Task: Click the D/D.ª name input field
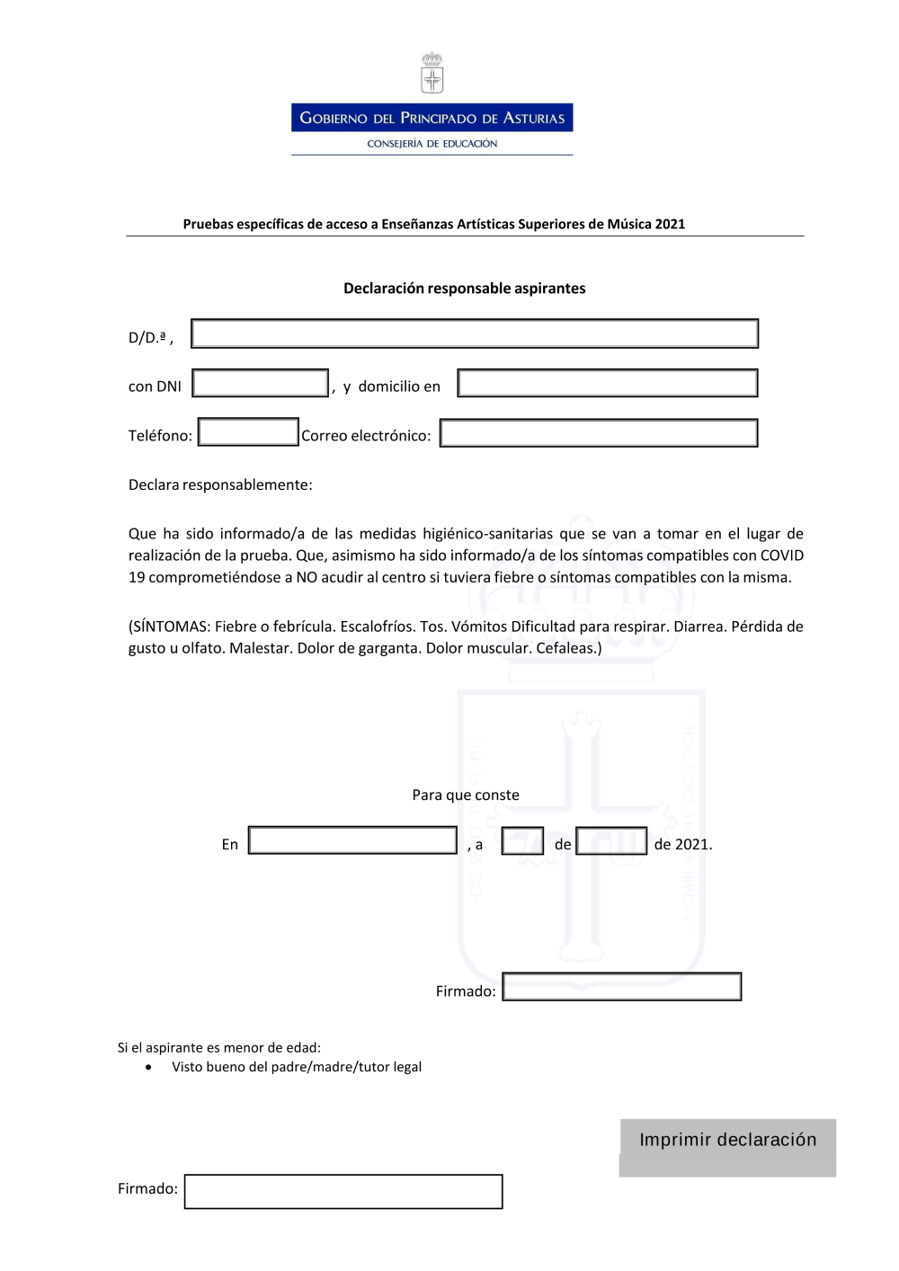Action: click(x=475, y=333)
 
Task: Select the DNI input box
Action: click(x=261, y=384)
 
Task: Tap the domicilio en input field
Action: click(x=608, y=383)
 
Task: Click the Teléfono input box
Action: click(x=248, y=432)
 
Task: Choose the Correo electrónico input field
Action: click(x=599, y=433)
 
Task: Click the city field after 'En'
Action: click(x=352, y=840)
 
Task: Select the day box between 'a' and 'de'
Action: click(x=522, y=841)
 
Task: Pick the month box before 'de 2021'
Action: click(x=611, y=841)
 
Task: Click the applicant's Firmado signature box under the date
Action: click(x=622, y=987)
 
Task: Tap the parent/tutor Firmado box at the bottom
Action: click(x=343, y=1192)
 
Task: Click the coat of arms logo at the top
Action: click(x=432, y=74)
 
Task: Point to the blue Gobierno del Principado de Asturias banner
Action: click(x=432, y=118)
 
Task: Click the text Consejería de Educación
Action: click(x=432, y=144)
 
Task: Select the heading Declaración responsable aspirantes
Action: click(x=465, y=289)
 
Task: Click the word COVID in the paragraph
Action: click(x=781, y=556)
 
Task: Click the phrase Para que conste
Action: click(x=466, y=795)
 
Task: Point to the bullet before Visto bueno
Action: click(x=148, y=1068)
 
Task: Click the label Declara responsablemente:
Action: click(x=220, y=485)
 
